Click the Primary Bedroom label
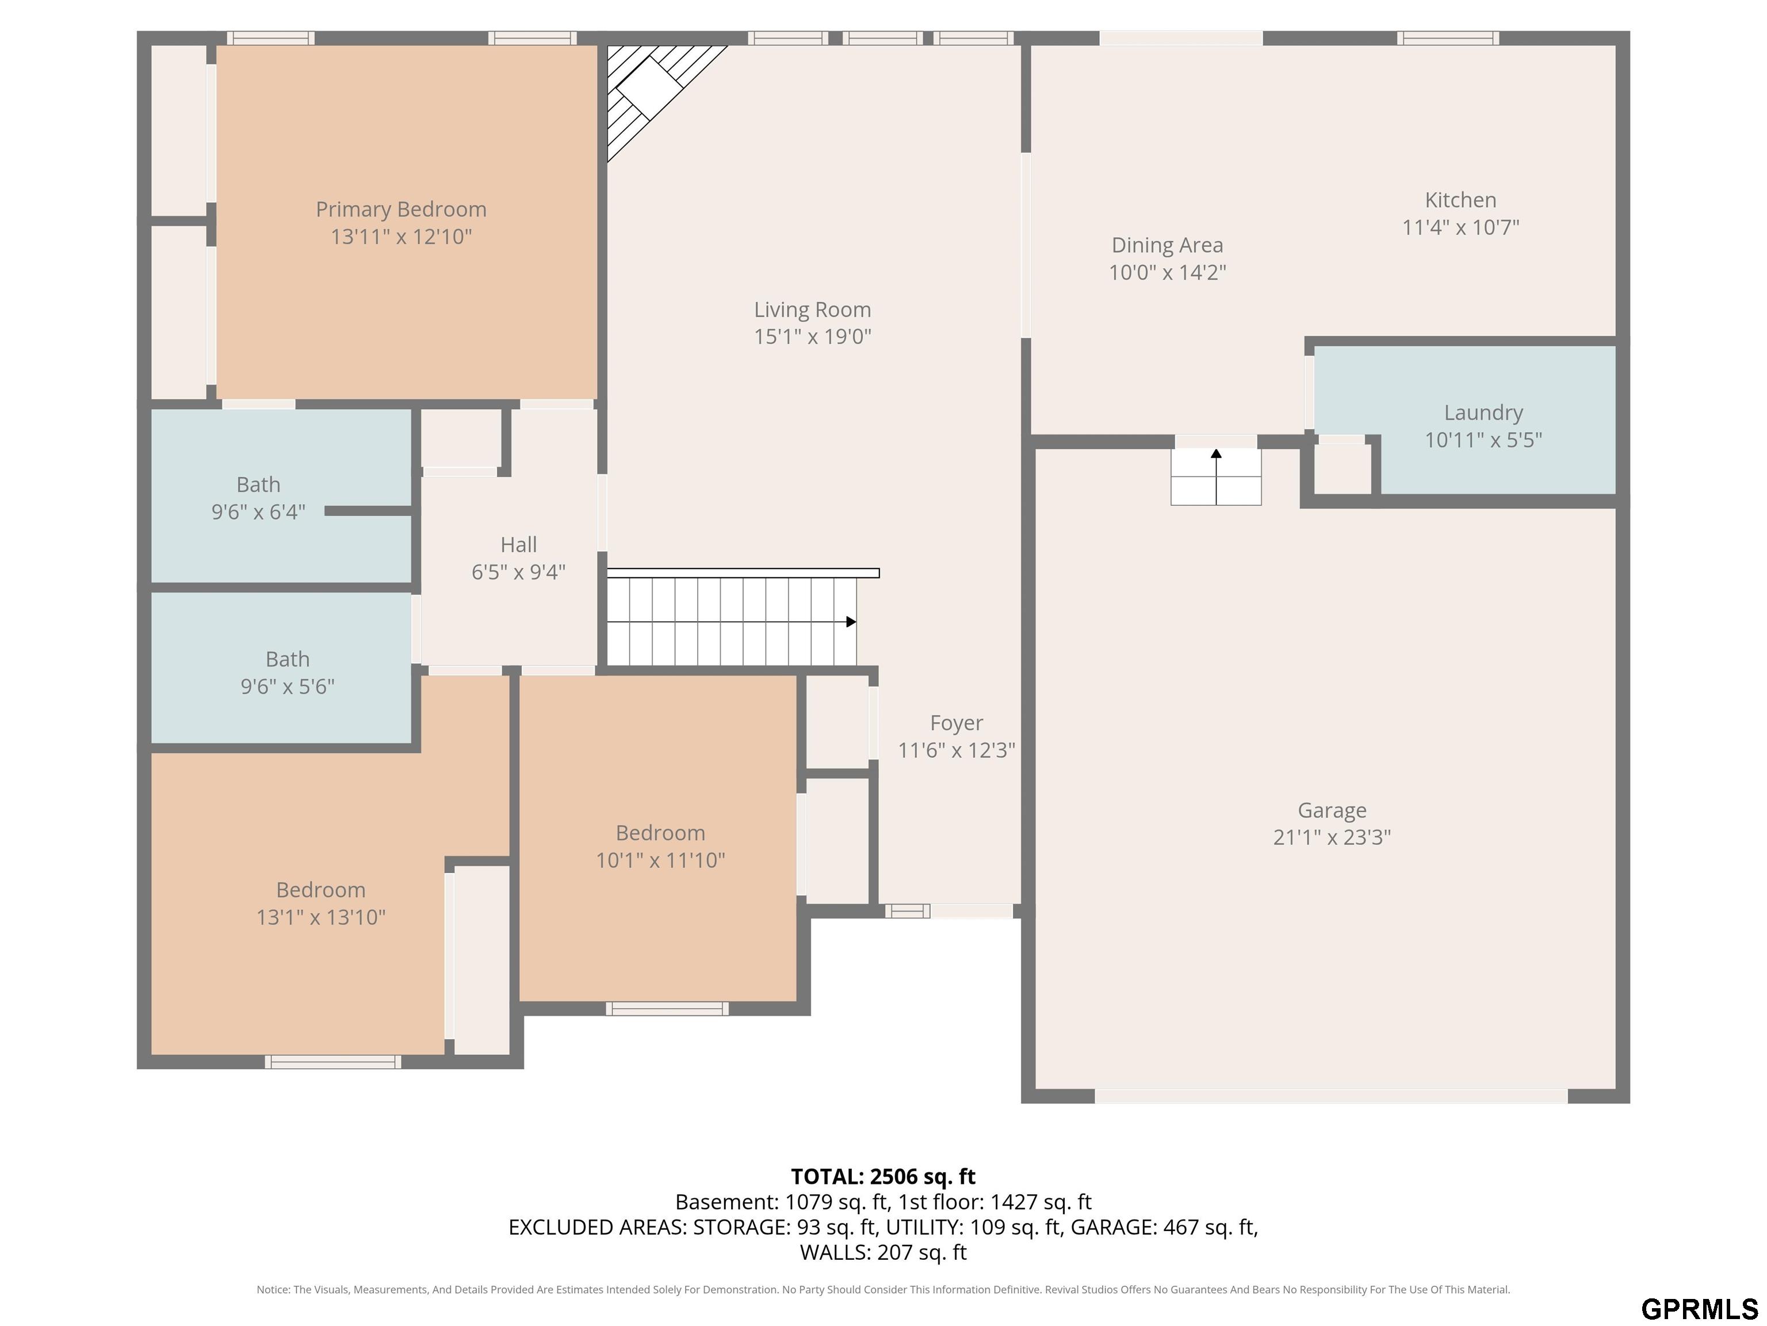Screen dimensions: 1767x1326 pyautogui.click(x=401, y=209)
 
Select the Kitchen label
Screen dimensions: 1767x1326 pyautogui.click(x=1460, y=200)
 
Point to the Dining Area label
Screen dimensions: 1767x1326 pyautogui.click(x=1167, y=245)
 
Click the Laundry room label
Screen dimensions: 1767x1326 pyautogui.click(x=1483, y=413)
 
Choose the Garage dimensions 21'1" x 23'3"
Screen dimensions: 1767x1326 pyautogui.click(x=1332, y=837)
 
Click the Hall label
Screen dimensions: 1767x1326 pyautogui.click(x=518, y=545)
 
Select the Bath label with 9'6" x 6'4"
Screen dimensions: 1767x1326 pyautogui.click(x=258, y=485)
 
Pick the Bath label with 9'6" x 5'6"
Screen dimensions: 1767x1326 pyautogui.click(x=288, y=660)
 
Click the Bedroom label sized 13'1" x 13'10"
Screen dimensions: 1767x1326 pyautogui.click(x=320, y=890)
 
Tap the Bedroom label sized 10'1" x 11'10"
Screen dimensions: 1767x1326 pyautogui.click(x=660, y=833)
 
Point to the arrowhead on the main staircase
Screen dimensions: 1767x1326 pyautogui.click(x=851, y=622)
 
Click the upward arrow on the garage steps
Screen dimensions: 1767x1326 pyautogui.click(x=1216, y=477)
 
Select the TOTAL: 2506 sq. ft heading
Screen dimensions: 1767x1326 pyautogui.click(x=883, y=1176)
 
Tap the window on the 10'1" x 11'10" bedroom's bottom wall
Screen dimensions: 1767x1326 pyautogui.click(x=667, y=1009)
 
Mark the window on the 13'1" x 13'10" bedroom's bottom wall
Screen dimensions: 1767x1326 pyautogui.click(x=333, y=1062)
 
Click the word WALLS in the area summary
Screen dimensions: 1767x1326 pyautogui.click(x=835, y=1252)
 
